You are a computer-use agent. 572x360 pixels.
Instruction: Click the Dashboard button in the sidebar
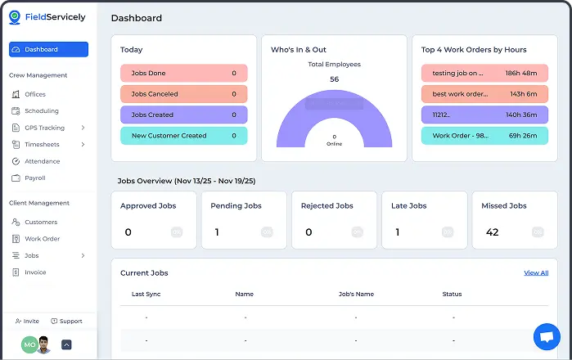coord(48,50)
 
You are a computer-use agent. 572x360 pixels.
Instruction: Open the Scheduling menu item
coord(41,111)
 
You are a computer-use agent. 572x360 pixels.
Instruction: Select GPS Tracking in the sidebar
coord(44,128)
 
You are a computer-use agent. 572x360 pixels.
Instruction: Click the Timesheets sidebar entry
coord(42,145)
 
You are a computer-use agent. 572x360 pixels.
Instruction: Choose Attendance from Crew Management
coord(42,161)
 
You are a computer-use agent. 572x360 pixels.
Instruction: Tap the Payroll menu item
coord(34,178)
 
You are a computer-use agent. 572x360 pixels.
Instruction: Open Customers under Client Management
coord(41,223)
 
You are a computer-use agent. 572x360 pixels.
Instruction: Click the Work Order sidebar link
coord(42,239)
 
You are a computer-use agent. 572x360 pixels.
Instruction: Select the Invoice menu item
coord(35,272)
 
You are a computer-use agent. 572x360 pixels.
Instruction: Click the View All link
coord(536,272)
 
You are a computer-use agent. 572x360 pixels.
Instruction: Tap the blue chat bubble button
coord(546,336)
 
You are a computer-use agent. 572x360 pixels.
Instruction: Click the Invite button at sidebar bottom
coord(27,322)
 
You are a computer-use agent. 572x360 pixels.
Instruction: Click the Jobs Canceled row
coord(183,94)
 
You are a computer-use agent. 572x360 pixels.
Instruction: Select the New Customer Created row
coord(183,136)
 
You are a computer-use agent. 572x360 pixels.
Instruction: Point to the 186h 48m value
coord(521,74)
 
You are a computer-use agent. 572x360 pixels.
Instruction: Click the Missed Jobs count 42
coord(493,232)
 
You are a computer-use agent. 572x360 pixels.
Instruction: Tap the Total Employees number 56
coord(334,79)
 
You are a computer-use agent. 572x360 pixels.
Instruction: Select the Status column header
coord(452,294)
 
